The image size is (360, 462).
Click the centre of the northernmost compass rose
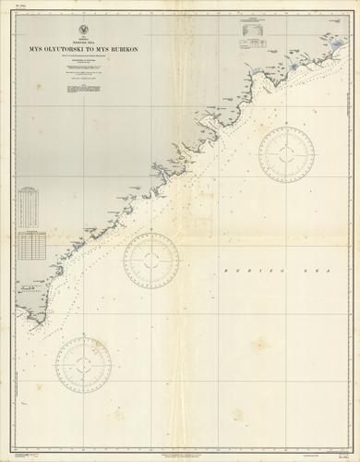click(x=286, y=153)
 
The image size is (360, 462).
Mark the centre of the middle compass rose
click(x=151, y=260)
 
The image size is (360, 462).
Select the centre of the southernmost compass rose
click(x=83, y=363)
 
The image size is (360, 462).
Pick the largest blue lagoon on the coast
click(x=294, y=67)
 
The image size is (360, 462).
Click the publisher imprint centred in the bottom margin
click(x=180, y=447)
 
